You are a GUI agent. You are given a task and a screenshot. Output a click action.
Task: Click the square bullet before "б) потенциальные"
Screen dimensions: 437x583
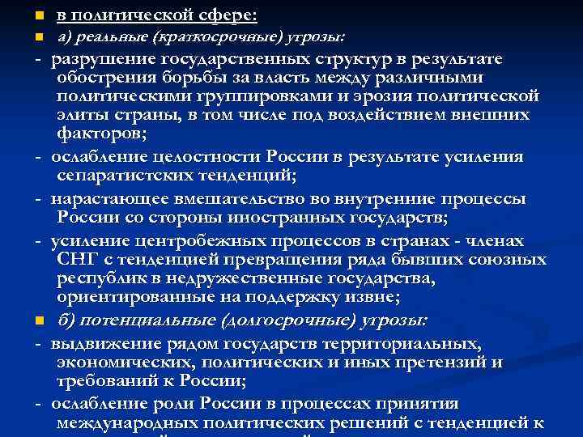(x=38, y=321)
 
